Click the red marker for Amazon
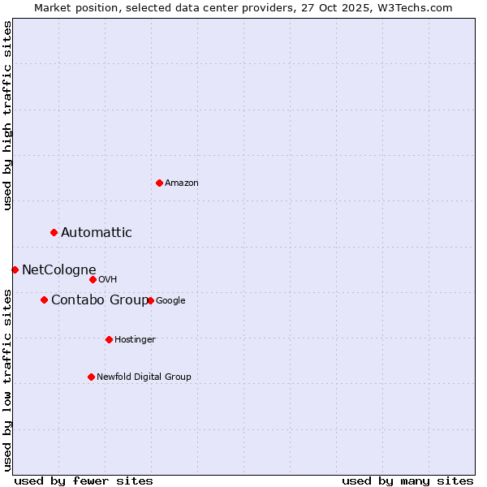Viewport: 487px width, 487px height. pyautogui.click(x=159, y=183)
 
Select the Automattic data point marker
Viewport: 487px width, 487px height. pyautogui.click(x=54, y=233)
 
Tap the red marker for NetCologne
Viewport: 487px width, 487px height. pyautogui.click(x=15, y=269)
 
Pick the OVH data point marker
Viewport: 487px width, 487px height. pyautogui.click(x=93, y=279)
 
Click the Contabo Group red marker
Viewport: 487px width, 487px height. pyautogui.click(x=44, y=300)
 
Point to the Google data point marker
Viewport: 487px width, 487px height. pyautogui.click(x=150, y=300)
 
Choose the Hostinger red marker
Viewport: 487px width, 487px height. pyautogui.click(x=109, y=339)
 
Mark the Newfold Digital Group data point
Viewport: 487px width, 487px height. pyautogui.click(x=91, y=377)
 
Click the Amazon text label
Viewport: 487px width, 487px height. pyautogui.click(x=182, y=183)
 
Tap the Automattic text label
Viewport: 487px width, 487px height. pyautogui.click(x=97, y=233)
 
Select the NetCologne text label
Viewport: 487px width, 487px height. pyautogui.click(x=59, y=270)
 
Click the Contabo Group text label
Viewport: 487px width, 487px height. pyautogui.click(x=100, y=300)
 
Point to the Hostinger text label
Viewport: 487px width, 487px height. pyautogui.click(x=135, y=339)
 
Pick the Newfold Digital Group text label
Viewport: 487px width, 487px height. pyautogui.click(x=144, y=377)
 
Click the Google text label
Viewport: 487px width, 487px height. pyautogui.click(x=170, y=300)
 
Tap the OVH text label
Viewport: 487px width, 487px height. pyautogui.click(x=108, y=280)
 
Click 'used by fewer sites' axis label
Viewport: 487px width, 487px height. pyautogui.click(x=84, y=481)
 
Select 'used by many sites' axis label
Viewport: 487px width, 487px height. pyautogui.click(x=407, y=481)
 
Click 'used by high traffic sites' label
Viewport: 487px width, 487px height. pyautogui.click(x=8, y=115)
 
